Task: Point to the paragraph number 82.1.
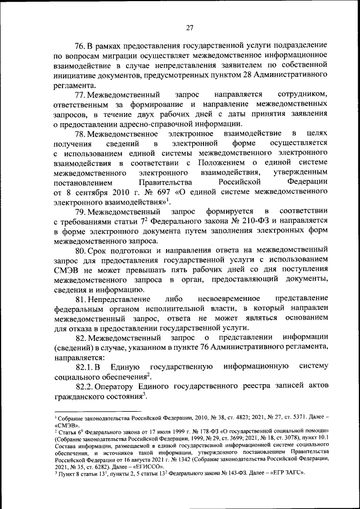84,366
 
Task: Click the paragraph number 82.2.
84,388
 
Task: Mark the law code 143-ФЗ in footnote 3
227,472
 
